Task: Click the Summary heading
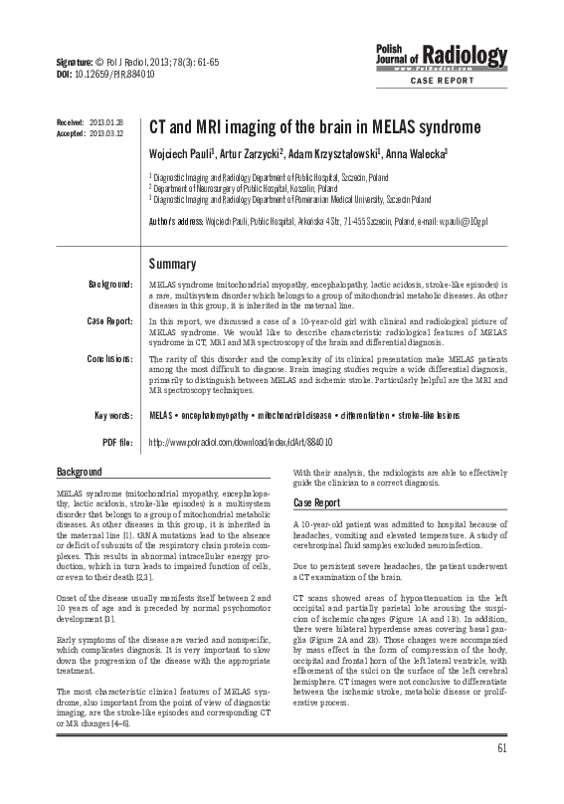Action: click(172, 264)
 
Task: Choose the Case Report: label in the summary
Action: click(109, 320)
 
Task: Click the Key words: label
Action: click(113, 414)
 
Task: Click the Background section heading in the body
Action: click(80, 470)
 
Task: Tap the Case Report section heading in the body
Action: click(316, 502)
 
